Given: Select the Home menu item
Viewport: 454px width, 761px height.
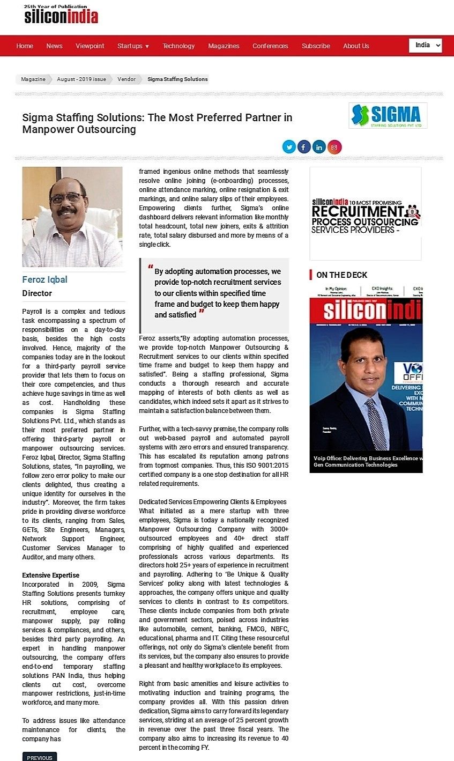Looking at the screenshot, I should pyautogui.click(x=25, y=46).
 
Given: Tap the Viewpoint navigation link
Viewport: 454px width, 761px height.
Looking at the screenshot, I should pyautogui.click(x=90, y=46).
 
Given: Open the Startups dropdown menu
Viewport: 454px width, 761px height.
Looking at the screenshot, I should pyautogui.click(x=133, y=46).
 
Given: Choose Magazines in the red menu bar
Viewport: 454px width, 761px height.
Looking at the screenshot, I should pyautogui.click(x=224, y=46).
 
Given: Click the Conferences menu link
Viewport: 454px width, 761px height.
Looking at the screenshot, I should pyautogui.click(x=270, y=46).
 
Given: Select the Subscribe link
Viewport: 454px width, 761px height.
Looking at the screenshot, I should pyautogui.click(x=316, y=46).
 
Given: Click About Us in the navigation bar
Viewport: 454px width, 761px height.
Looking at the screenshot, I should pyautogui.click(x=356, y=46).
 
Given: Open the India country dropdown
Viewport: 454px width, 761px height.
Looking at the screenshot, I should pyautogui.click(x=425, y=45).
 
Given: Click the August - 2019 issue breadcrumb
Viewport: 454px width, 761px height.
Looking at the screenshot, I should pyautogui.click(x=81, y=79).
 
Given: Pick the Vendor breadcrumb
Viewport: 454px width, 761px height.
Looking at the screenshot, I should pyautogui.click(x=126, y=79).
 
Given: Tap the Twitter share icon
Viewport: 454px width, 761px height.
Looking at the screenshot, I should pyautogui.click(x=289, y=147).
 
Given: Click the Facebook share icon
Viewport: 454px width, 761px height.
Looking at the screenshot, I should pyautogui.click(x=304, y=147).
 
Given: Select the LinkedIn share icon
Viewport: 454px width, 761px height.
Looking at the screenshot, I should pyautogui.click(x=319, y=147).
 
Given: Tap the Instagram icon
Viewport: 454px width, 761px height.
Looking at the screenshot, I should pyautogui.click(x=334, y=147).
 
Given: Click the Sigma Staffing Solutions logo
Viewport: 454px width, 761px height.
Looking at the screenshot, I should pyautogui.click(x=388, y=115).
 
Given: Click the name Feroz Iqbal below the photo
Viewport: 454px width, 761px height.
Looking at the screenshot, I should pyautogui.click(x=44, y=279).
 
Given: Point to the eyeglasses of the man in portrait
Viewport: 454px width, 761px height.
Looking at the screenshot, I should pyautogui.click(x=66, y=198).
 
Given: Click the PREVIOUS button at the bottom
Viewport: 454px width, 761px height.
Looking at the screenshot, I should pyautogui.click(x=40, y=757).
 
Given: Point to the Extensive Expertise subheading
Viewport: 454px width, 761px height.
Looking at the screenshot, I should pyautogui.click(x=50, y=575).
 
